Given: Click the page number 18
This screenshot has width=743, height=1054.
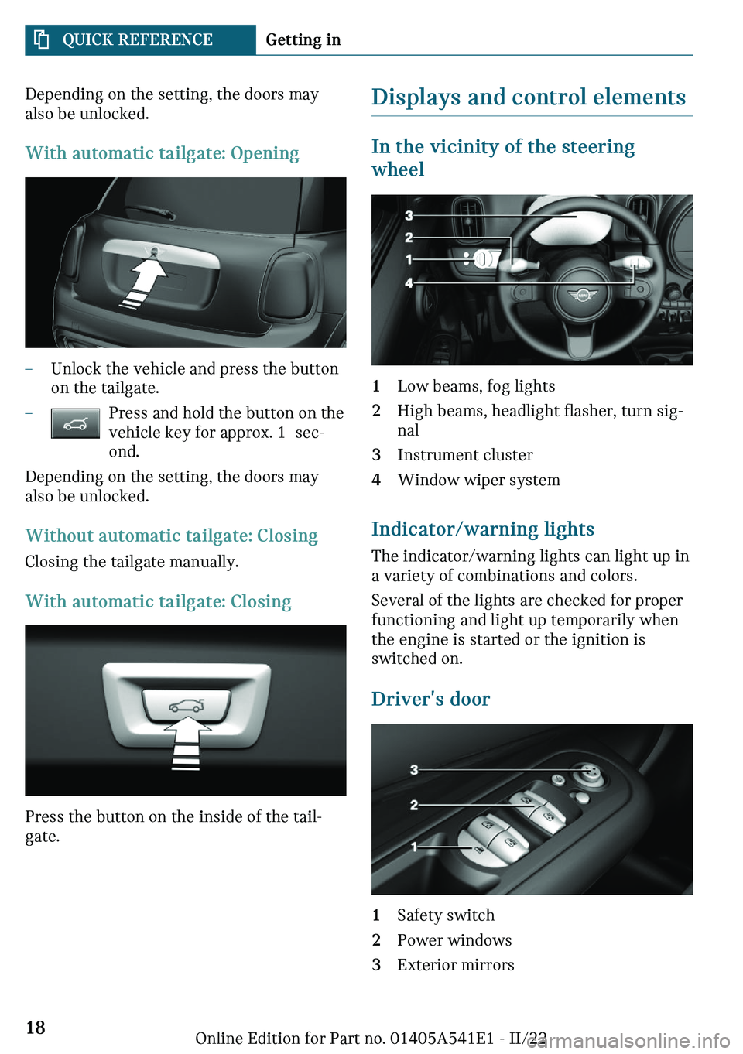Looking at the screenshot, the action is click(x=36, y=1027).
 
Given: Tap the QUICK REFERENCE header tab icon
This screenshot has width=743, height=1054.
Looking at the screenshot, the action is click(x=42, y=39).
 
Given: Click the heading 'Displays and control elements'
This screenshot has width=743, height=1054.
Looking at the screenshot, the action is click(x=529, y=98).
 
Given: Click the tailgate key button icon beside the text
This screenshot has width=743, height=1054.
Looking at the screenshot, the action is click(x=75, y=423).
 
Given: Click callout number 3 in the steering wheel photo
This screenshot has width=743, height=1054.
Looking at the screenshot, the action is click(x=409, y=216).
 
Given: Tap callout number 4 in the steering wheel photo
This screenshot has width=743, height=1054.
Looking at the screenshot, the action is click(x=409, y=282).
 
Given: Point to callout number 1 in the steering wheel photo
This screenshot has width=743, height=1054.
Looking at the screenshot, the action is click(x=409, y=259).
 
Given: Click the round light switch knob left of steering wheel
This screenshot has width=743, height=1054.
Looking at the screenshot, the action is click(x=482, y=258).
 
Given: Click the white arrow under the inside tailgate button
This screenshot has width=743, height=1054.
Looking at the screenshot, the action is click(x=187, y=743).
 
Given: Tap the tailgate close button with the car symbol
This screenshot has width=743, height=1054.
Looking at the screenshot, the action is click(x=187, y=705).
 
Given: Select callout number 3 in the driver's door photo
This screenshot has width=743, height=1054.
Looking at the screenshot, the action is click(x=414, y=770).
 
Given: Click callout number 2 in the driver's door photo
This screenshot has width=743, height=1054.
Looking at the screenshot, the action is click(x=414, y=805).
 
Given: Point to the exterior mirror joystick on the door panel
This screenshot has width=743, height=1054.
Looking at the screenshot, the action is click(x=588, y=772).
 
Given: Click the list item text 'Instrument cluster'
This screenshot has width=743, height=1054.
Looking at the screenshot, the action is click(x=465, y=455).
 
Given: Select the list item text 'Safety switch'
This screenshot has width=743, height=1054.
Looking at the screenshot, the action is click(x=446, y=915).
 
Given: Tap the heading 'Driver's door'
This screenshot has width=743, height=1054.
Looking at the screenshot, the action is click(x=430, y=699).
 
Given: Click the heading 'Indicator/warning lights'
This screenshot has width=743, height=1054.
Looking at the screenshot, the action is click(x=483, y=529).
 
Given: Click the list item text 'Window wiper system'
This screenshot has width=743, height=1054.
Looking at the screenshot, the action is click(x=479, y=480).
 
